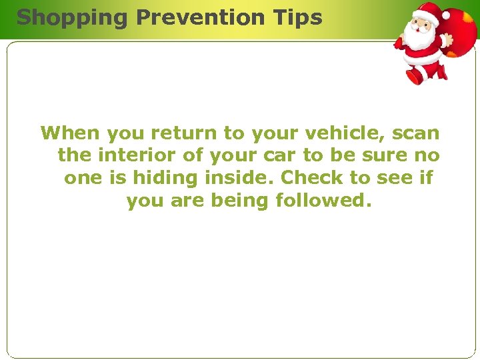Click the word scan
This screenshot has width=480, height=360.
tap(415, 133)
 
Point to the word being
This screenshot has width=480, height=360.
tap(237, 200)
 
